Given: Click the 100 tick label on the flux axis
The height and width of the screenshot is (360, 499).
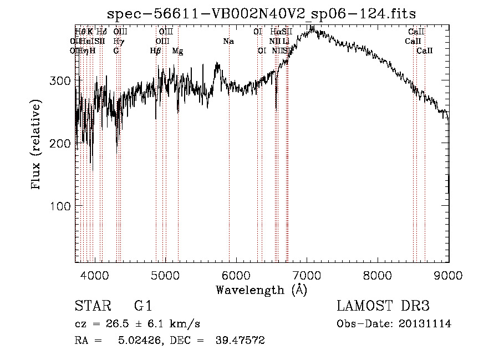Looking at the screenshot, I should (59, 206).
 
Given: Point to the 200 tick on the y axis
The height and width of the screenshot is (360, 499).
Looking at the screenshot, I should (59, 144).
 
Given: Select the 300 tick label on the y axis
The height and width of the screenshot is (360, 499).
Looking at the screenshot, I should (59, 81).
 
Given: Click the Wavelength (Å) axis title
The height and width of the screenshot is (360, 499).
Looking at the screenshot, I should (262, 290).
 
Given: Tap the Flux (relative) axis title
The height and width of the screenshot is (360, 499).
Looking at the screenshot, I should (37, 145).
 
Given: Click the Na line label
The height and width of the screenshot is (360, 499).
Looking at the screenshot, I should (228, 41).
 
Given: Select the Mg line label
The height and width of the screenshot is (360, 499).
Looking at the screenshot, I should (177, 50).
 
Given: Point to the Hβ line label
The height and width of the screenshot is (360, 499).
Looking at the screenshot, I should (155, 50).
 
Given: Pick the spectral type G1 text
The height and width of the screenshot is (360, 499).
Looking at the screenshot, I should (142, 307).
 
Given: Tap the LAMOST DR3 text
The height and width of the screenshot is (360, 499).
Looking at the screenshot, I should (383, 307).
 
